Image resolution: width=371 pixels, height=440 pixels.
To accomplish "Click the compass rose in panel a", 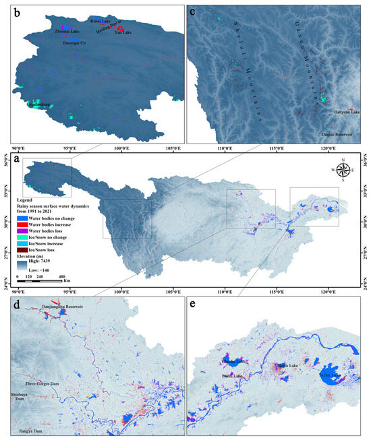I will pyautogui.click(x=343, y=170).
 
